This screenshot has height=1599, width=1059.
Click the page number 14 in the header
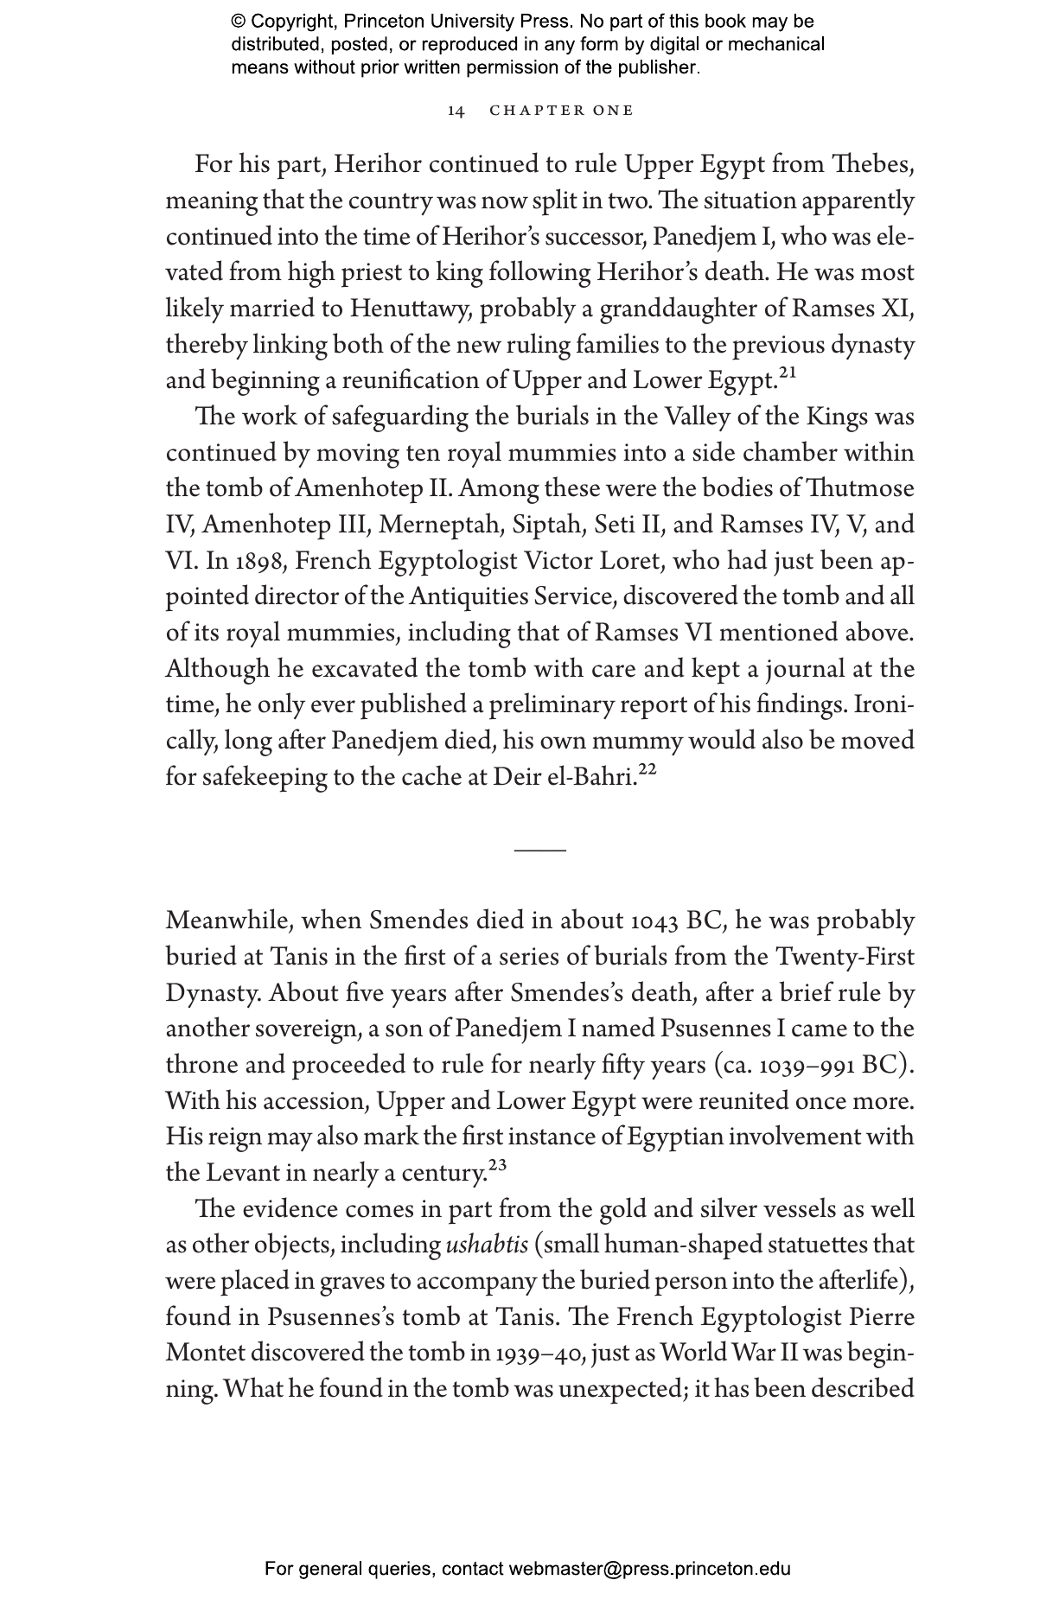[x=456, y=111]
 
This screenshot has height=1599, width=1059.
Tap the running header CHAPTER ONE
[x=562, y=111]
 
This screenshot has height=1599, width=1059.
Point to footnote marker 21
[x=787, y=373]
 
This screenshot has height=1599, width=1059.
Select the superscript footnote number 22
[x=648, y=770]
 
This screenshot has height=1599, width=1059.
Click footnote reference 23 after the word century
[x=497, y=1166]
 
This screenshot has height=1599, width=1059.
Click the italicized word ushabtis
[x=487, y=1245]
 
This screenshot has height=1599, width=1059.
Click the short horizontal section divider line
[x=539, y=850]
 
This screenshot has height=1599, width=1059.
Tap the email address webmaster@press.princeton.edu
[x=649, y=1569]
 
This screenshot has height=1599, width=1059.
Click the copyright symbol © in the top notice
[x=238, y=22]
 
